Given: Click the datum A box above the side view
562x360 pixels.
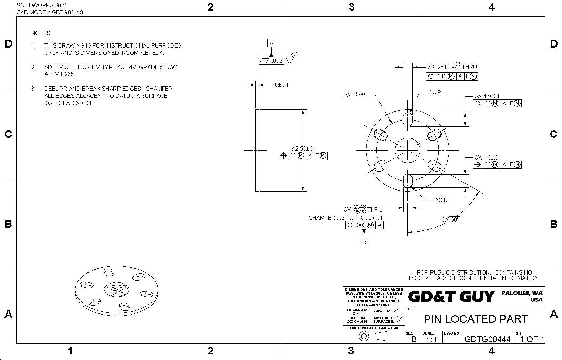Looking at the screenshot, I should coord(271,43).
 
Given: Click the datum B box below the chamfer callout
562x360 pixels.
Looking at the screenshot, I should coord(364,243).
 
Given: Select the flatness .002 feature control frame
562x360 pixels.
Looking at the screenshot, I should coord(271,61).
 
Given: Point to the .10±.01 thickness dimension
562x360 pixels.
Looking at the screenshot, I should coord(279,85).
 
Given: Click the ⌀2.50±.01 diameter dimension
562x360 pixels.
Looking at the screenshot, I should coord(303,148).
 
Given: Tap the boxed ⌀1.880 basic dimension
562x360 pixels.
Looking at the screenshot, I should coord(355,94).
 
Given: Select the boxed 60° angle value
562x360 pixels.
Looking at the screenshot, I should coord(455,219).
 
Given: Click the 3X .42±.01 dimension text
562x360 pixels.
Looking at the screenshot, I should coord(487,96).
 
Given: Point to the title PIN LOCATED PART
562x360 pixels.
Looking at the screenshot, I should coord(476,319).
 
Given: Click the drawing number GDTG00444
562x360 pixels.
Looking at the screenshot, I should coord(487,339).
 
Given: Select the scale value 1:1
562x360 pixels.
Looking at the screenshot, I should coord(431,340).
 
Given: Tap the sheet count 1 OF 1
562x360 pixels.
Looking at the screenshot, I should coord(532,339).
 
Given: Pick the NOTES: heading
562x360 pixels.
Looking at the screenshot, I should coord(41,33).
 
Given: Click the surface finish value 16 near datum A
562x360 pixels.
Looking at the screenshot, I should coord(290,55).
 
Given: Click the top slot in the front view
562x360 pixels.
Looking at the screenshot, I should coord(407,119).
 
